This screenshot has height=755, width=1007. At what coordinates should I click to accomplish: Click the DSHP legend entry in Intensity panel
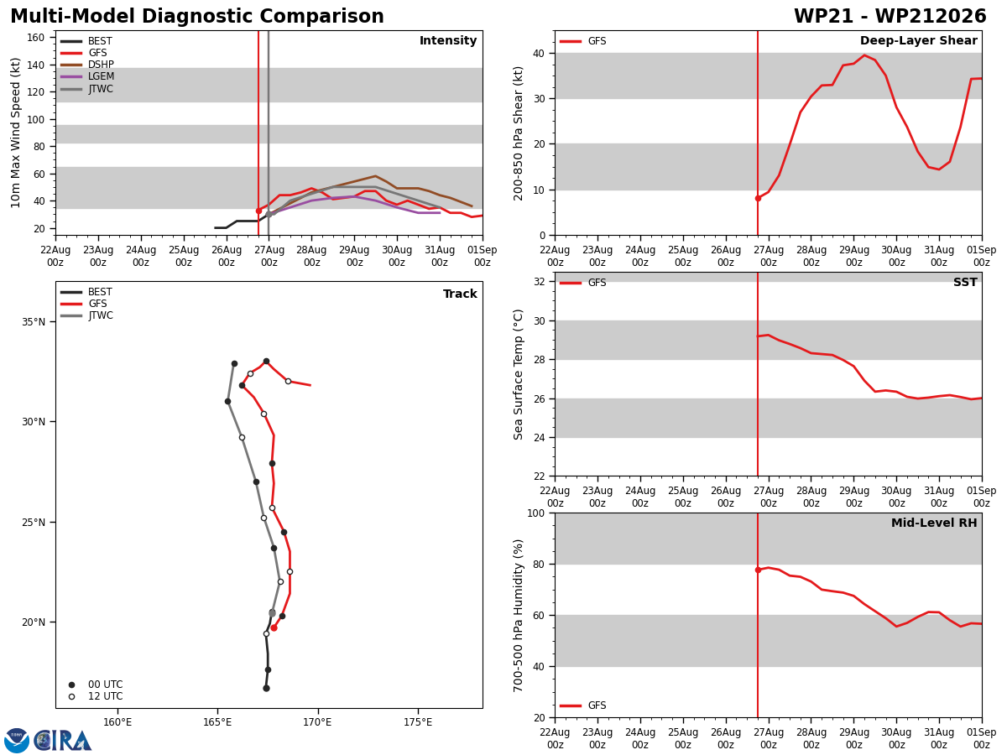[87, 65]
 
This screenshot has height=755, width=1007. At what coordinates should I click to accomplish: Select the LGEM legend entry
[87, 76]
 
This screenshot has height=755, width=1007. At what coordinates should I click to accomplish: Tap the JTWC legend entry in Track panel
[86, 315]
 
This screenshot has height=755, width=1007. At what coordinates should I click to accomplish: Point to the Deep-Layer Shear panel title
[918, 40]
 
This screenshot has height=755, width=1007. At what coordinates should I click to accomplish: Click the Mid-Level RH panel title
[934, 523]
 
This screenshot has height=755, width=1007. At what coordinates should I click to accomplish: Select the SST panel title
[965, 282]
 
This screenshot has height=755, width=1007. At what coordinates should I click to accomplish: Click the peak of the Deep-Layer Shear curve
[864, 55]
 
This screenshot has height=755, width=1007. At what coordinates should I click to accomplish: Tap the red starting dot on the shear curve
[758, 199]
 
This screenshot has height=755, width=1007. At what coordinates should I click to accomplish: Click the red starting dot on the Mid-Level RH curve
[758, 570]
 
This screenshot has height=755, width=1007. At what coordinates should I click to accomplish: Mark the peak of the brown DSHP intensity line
[375, 176]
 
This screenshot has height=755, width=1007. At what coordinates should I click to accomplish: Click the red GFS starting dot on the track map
[274, 628]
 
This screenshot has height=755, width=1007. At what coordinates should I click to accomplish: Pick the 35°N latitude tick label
[34, 322]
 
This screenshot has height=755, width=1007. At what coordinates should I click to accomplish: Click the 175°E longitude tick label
[418, 723]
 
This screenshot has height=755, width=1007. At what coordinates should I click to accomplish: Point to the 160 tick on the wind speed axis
[35, 38]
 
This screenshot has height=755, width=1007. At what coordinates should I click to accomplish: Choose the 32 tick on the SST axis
[540, 282]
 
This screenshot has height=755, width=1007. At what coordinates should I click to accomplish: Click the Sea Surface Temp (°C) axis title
[518, 375]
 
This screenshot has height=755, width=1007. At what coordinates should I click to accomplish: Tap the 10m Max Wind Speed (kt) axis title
[15, 133]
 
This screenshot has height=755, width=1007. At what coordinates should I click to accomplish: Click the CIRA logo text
[63, 741]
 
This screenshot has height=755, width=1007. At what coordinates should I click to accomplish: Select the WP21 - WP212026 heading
[890, 16]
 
